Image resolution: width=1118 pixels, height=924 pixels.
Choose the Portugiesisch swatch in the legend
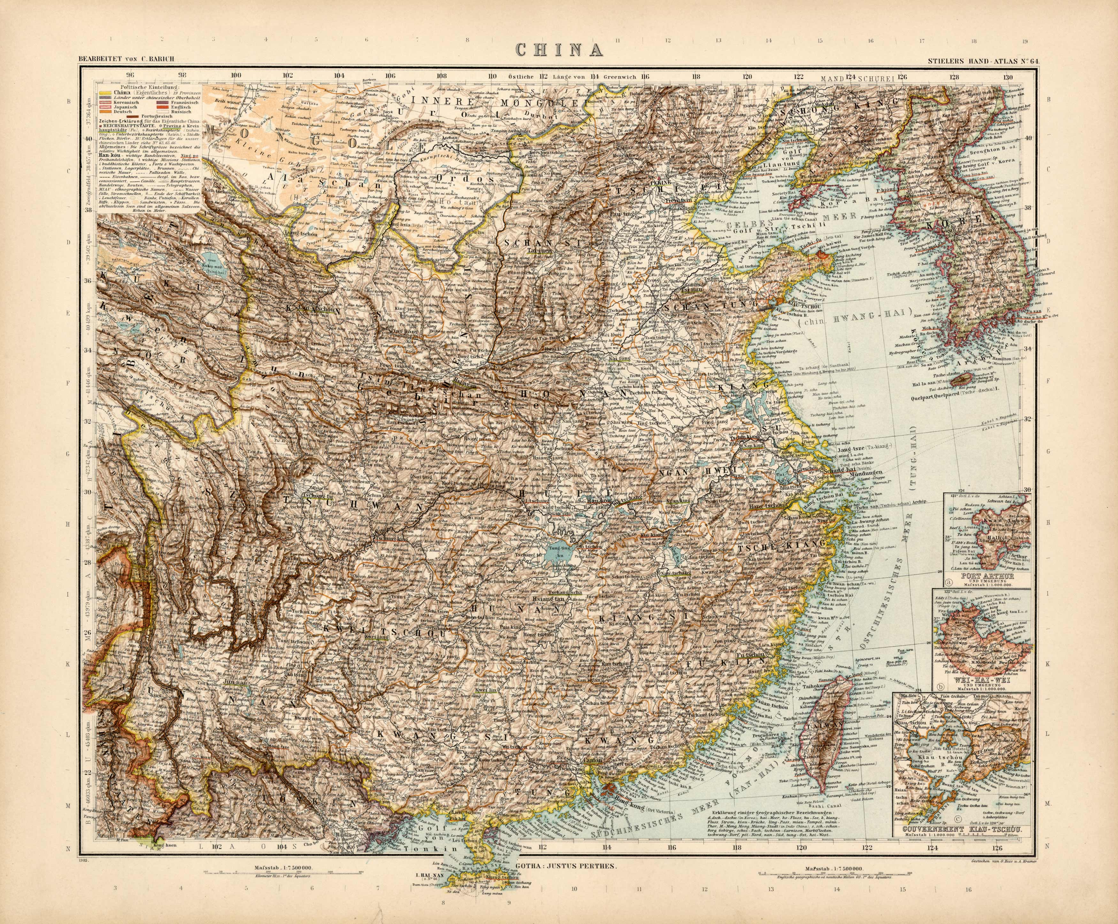[133, 117]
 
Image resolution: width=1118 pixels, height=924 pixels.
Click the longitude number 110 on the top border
[493, 76]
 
